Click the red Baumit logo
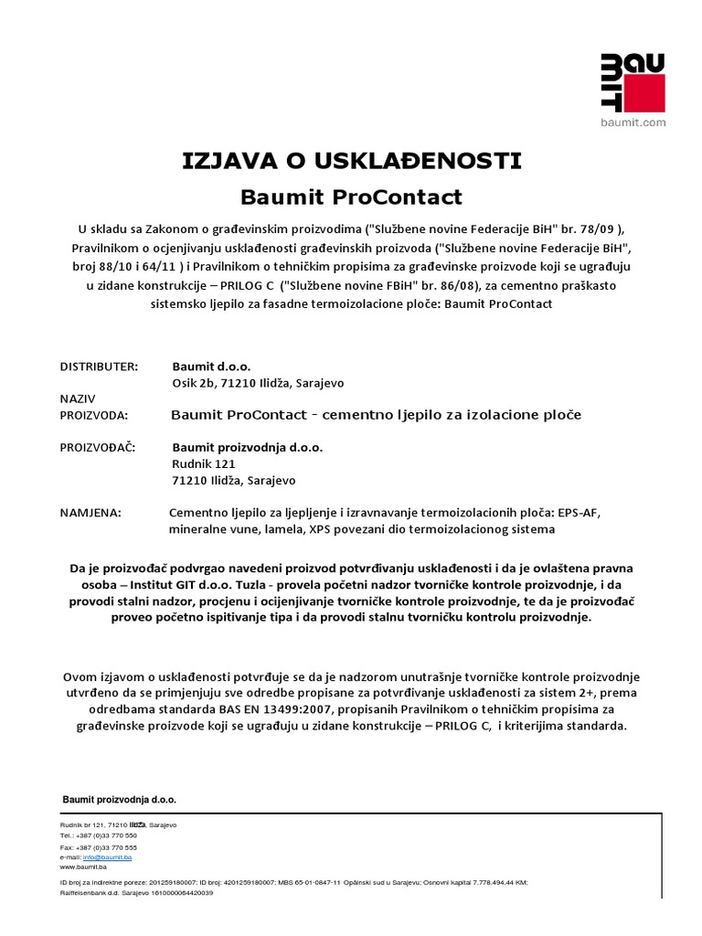click(x=632, y=83)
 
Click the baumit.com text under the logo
click(x=632, y=122)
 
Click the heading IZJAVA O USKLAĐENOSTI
click(x=351, y=162)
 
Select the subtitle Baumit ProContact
click(x=351, y=197)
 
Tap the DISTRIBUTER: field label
click(x=99, y=366)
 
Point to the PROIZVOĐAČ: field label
click(x=98, y=448)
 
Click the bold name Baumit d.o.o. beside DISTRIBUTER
click(x=210, y=366)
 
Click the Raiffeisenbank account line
click(x=136, y=892)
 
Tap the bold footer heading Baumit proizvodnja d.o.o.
click(x=119, y=800)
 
